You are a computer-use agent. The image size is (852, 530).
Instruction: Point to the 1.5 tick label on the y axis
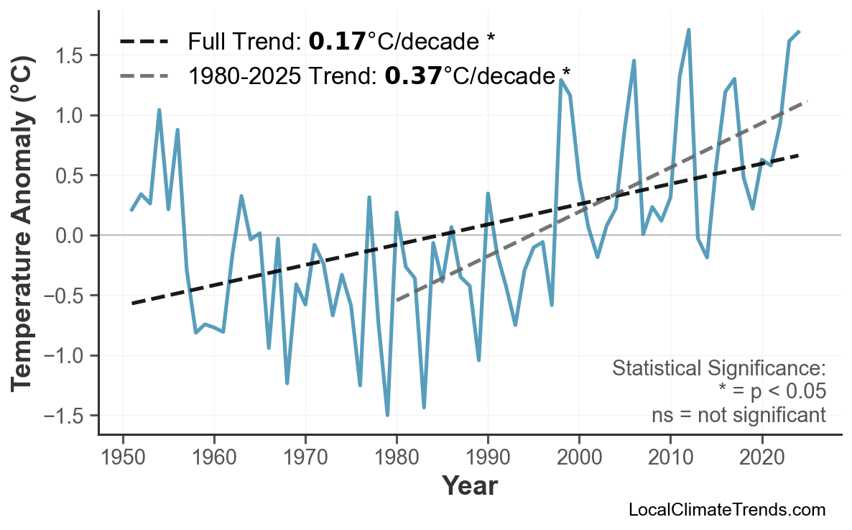[x=71, y=55]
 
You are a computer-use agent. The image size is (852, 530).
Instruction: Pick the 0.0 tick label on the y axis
[x=71, y=235]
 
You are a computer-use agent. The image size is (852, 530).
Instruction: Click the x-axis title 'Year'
[x=469, y=486]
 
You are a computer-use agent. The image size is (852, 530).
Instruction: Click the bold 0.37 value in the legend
[x=413, y=74]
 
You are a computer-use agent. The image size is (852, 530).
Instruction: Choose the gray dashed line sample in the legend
[x=144, y=75]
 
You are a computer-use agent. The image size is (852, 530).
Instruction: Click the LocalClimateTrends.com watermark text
[x=727, y=510]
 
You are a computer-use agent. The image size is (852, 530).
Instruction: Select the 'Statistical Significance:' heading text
[x=718, y=369]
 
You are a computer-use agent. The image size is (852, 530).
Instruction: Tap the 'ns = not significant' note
[x=738, y=415]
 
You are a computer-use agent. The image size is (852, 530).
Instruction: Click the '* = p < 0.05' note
[x=772, y=392]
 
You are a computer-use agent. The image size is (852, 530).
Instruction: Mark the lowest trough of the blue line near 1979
[x=388, y=415]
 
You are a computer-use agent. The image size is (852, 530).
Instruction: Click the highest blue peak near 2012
[x=689, y=30]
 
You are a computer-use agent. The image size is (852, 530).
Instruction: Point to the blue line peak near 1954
[x=159, y=110]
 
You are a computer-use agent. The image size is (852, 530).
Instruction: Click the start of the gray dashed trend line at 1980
[x=397, y=298]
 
